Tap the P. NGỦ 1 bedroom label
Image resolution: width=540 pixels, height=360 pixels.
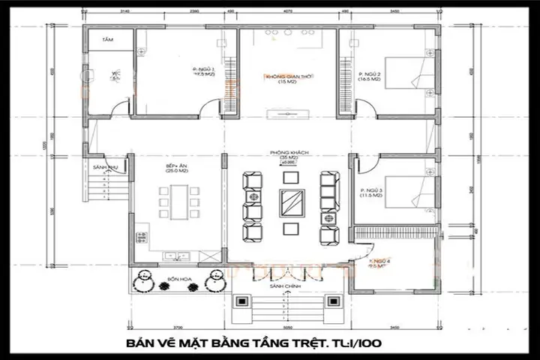(x=204, y=72)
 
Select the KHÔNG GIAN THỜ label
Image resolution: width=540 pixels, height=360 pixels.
(x=284, y=78)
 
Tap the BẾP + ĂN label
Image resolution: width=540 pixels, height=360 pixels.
(x=177, y=167)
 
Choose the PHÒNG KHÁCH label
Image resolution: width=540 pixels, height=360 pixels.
(x=286, y=153)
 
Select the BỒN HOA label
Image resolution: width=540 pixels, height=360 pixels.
(x=178, y=278)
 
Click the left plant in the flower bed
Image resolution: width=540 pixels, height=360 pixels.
(x=142, y=283)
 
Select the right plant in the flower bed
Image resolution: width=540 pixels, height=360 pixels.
(x=216, y=283)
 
